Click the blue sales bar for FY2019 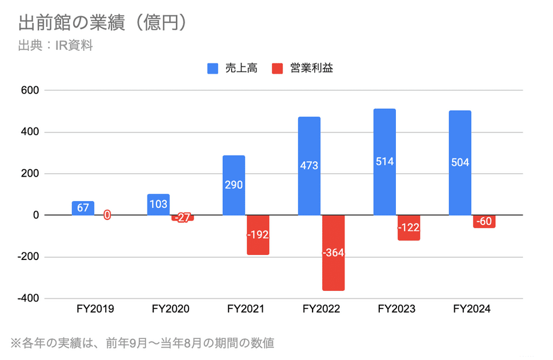(x=83, y=208)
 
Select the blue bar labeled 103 (x=158, y=205)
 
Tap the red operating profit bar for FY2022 (x=333, y=253)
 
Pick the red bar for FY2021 (x=258, y=234)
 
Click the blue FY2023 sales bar (x=384, y=162)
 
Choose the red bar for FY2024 (x=484, y=222)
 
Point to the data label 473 (x=309, y=166)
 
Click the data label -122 (x=408, y=227)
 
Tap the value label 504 (x=460, y=162)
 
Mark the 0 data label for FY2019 (x=107, y=215)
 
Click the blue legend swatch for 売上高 (x=213, y=69)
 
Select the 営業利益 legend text (x=311, y=69)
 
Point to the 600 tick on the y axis (x=29, y=90)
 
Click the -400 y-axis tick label (x=27, y=298)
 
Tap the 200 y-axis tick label (x=29, y=174)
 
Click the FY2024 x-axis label (x=472, y=310)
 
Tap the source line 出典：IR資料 (x=55, y=45)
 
